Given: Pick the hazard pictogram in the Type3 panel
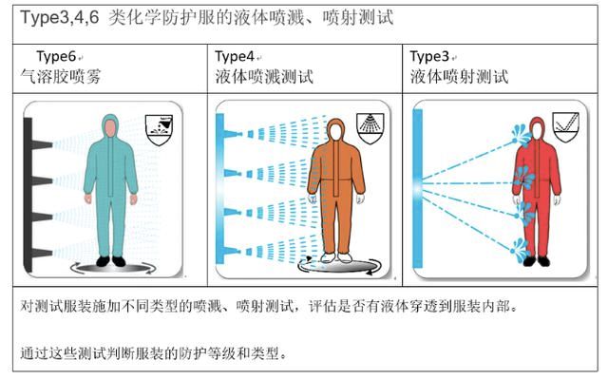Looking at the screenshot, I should coord(569,126).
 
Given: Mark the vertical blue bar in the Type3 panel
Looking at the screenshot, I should coord(420,190).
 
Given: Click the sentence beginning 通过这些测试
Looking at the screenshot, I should coord(152,353).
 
